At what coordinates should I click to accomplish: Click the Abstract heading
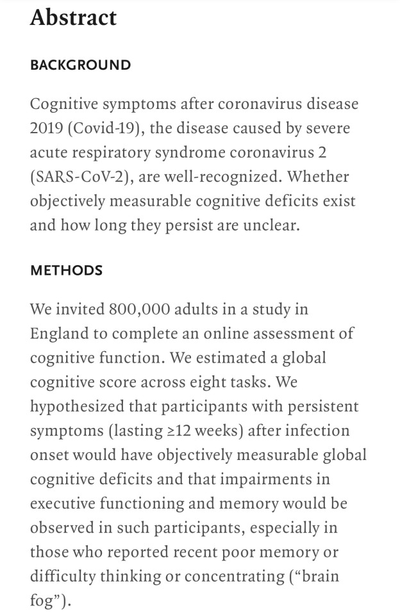(73, 18)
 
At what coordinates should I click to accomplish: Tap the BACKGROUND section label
(80, 65)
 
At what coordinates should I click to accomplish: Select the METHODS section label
(66, 270)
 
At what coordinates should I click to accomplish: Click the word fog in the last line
(42, 602)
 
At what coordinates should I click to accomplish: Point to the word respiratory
(109, 152)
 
